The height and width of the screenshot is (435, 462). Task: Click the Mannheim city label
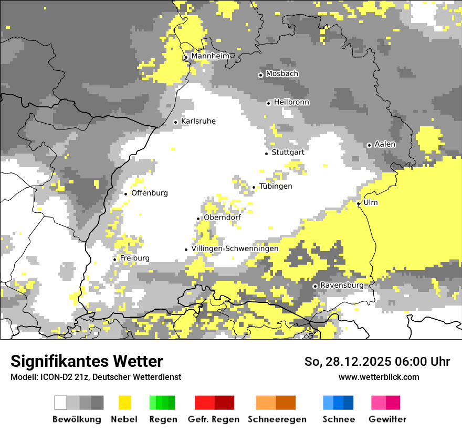(x=210, y=56)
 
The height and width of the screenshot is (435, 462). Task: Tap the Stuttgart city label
(x=288, y=153)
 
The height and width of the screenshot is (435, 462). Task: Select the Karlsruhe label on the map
(x=198, y=122)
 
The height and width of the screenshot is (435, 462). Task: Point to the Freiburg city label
(x=134, y=258)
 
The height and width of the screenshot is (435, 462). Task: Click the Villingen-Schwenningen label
(x=235, y=249)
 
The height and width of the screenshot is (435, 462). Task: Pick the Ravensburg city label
(x=341, y=286)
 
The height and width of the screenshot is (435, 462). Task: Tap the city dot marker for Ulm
(x=359, y=203)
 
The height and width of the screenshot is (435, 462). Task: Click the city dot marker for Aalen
(x=369, y=145)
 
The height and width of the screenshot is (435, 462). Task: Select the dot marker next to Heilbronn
(x=268, y=103)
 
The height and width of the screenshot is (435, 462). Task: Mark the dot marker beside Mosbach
(x=260, y=75)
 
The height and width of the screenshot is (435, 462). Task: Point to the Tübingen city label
(x=276, y=187)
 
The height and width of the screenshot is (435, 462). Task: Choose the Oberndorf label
(x=222, y=217)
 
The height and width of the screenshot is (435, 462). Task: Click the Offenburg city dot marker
(x=126, y=194)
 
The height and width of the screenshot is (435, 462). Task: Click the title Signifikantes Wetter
(x=87, y=362)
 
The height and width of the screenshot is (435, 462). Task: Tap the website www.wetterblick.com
(x=379, y=377)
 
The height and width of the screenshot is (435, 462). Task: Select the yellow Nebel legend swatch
(x=124, y=403)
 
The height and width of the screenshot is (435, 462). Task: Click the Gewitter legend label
(x=387, y=419)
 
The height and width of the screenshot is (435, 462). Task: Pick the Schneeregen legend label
(x=277, y=419)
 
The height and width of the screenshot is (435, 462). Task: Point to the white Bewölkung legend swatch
(x=61, y=403)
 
